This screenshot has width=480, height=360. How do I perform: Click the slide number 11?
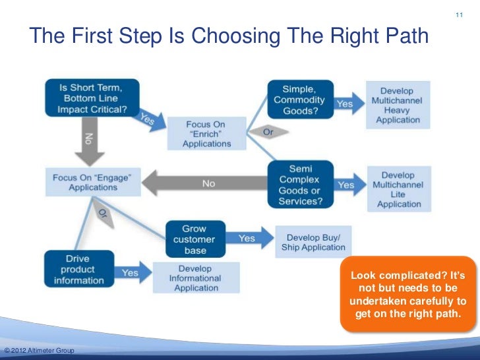point(460,15)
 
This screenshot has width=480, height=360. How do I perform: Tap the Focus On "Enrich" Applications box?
point(206,134)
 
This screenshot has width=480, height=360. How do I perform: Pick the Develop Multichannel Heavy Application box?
point(398,104)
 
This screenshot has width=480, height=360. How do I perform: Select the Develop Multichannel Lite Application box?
point(398,190)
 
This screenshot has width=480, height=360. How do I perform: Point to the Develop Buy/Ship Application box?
point(313,242)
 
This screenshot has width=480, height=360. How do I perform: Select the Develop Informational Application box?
point(195,278)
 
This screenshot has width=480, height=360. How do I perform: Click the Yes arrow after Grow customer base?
point(249,238)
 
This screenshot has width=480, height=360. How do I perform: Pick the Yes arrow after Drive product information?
point(131,272)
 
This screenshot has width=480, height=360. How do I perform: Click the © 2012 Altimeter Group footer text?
point(38,349)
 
